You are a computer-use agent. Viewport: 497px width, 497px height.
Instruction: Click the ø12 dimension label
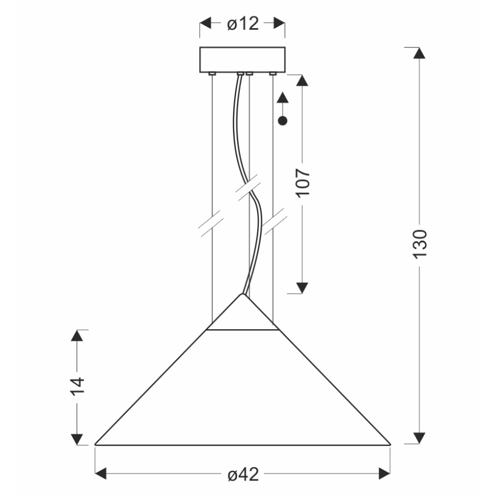242,23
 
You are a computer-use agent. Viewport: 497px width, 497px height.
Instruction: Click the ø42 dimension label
242,474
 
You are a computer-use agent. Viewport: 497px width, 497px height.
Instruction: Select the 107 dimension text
303,183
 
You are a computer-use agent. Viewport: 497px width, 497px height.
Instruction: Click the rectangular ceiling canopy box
242,60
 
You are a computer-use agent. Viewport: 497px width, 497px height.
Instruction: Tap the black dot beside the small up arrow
282,120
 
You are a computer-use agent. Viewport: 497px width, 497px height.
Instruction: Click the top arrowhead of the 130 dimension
419,53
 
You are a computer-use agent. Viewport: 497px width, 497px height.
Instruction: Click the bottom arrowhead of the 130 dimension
419,437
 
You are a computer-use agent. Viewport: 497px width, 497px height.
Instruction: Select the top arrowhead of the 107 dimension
303,81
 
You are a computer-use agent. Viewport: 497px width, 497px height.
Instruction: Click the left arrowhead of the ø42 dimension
101,473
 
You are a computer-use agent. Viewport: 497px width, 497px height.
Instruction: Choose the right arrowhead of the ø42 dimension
384,473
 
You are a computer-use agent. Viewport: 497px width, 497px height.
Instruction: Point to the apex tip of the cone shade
242,295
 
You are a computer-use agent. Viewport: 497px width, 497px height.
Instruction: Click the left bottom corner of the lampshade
96,444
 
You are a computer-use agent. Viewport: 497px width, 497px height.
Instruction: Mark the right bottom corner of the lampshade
390,444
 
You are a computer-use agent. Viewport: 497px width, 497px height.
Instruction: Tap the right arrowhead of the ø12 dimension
279,23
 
